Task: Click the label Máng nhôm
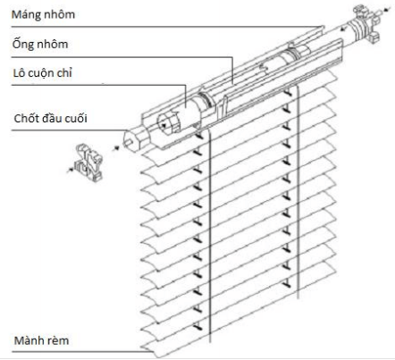(43, 14)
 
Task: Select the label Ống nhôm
(40, 44)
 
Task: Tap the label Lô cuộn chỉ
(42, 73)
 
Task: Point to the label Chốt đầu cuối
(50, 118)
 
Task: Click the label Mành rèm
(41, 340)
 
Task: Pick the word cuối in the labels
(76, 118)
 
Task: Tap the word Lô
(18, 73)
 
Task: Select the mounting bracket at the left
(88, 163)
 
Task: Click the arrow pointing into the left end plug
(116, 147)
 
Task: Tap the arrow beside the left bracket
(71, 170)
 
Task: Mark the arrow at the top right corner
(387, 10)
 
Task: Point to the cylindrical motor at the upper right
(360, 29)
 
